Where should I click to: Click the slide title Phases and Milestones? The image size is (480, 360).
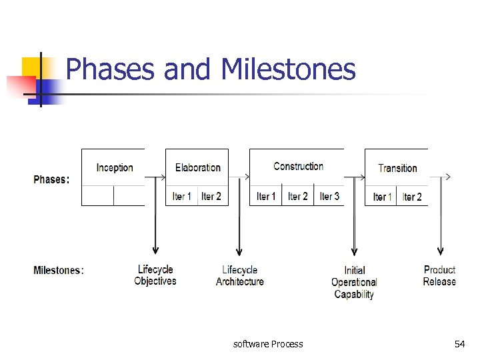pyautogui.click(x=211, y=69)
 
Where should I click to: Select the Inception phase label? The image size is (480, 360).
pyautogui.click(x=115, y=167)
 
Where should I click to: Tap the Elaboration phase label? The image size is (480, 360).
pyautogui.click(x=197, y=167)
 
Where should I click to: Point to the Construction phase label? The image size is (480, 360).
pyautogui.click(x=298, y=166)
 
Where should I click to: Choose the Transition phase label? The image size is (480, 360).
pyautogui.click(x=397, y=168)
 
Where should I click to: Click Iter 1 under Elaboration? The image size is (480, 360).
pyautogui.click(x=182, y=196)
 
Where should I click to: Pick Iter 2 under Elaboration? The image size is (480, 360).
pyautogui.click(x=211, y=196)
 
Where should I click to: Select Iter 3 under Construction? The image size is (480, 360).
pyautogui.click(x=329, y=196)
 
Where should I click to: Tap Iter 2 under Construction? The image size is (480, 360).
pyautogui.click(x=298, y=196)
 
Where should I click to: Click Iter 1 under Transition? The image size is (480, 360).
pyautogui.click(x=383, y=197)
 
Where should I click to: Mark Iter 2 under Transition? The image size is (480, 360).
pyautogui.click(x=412, y=197)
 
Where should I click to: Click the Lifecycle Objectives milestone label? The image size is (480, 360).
pyautogui.click(x=155, y=275)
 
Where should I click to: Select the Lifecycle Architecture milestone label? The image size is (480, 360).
pyautogui.click(x=240, y=276)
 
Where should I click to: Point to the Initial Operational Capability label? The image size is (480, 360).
pyautogui.click(x=354, y=282)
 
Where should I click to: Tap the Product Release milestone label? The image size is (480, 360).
pyautogui.click(x=439, y=275)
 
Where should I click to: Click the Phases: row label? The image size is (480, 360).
pyautogui.click(x=51, y=179)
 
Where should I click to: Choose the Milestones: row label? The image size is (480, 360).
pyautogui.click(x=59, y=270)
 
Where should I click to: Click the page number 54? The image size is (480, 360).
pyautogui.click(x=459, y=344)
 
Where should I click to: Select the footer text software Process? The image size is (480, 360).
pyautogui.click(x=268, y=344)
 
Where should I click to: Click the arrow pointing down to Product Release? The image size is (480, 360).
pyautogui.click(x=439, y=220)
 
